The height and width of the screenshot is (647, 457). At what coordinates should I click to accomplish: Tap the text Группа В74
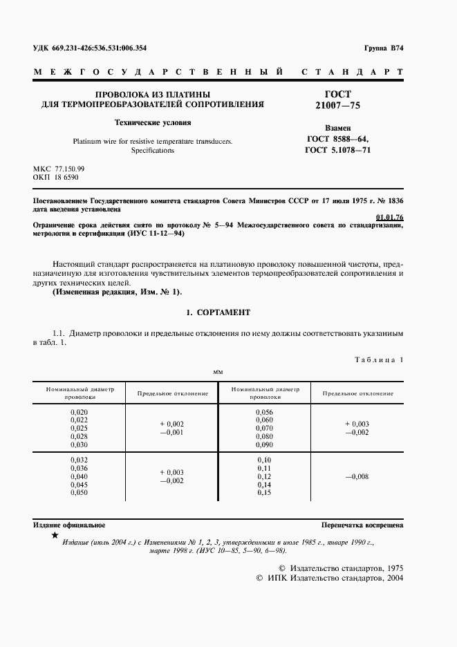383,48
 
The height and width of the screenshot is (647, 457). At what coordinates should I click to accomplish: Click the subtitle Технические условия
152,123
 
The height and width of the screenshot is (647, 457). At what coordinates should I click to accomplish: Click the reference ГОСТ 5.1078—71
338,149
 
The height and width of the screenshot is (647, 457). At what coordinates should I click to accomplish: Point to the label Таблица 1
378,359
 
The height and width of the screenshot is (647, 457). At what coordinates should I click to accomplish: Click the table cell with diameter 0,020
80,412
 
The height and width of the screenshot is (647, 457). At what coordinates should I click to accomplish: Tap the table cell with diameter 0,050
80,493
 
